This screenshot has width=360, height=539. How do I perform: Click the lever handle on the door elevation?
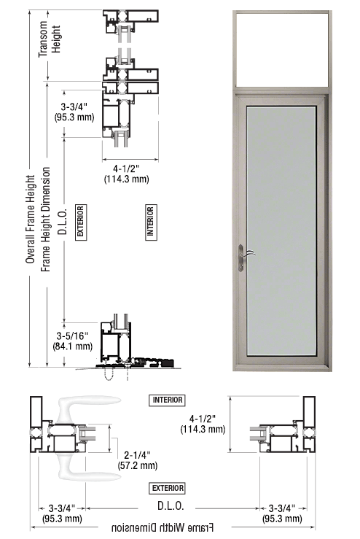tap(245, 257)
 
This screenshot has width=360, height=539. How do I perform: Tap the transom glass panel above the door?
tap(282, 49)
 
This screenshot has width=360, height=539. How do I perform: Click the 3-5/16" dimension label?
tap(72, 341)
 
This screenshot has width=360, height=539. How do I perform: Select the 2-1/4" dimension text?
tap(138, 460)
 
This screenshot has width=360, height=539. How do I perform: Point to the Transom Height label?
tap(50, 39)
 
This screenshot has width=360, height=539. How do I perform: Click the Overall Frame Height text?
tap(30, 220)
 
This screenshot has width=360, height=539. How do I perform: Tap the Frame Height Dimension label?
tap(46, 220)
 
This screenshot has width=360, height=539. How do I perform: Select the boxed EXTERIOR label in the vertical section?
tap(80, 222)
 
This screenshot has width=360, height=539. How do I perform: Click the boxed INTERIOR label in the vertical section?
tap(150, 222)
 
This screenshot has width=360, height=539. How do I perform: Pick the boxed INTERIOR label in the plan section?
tap(168, 400)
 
